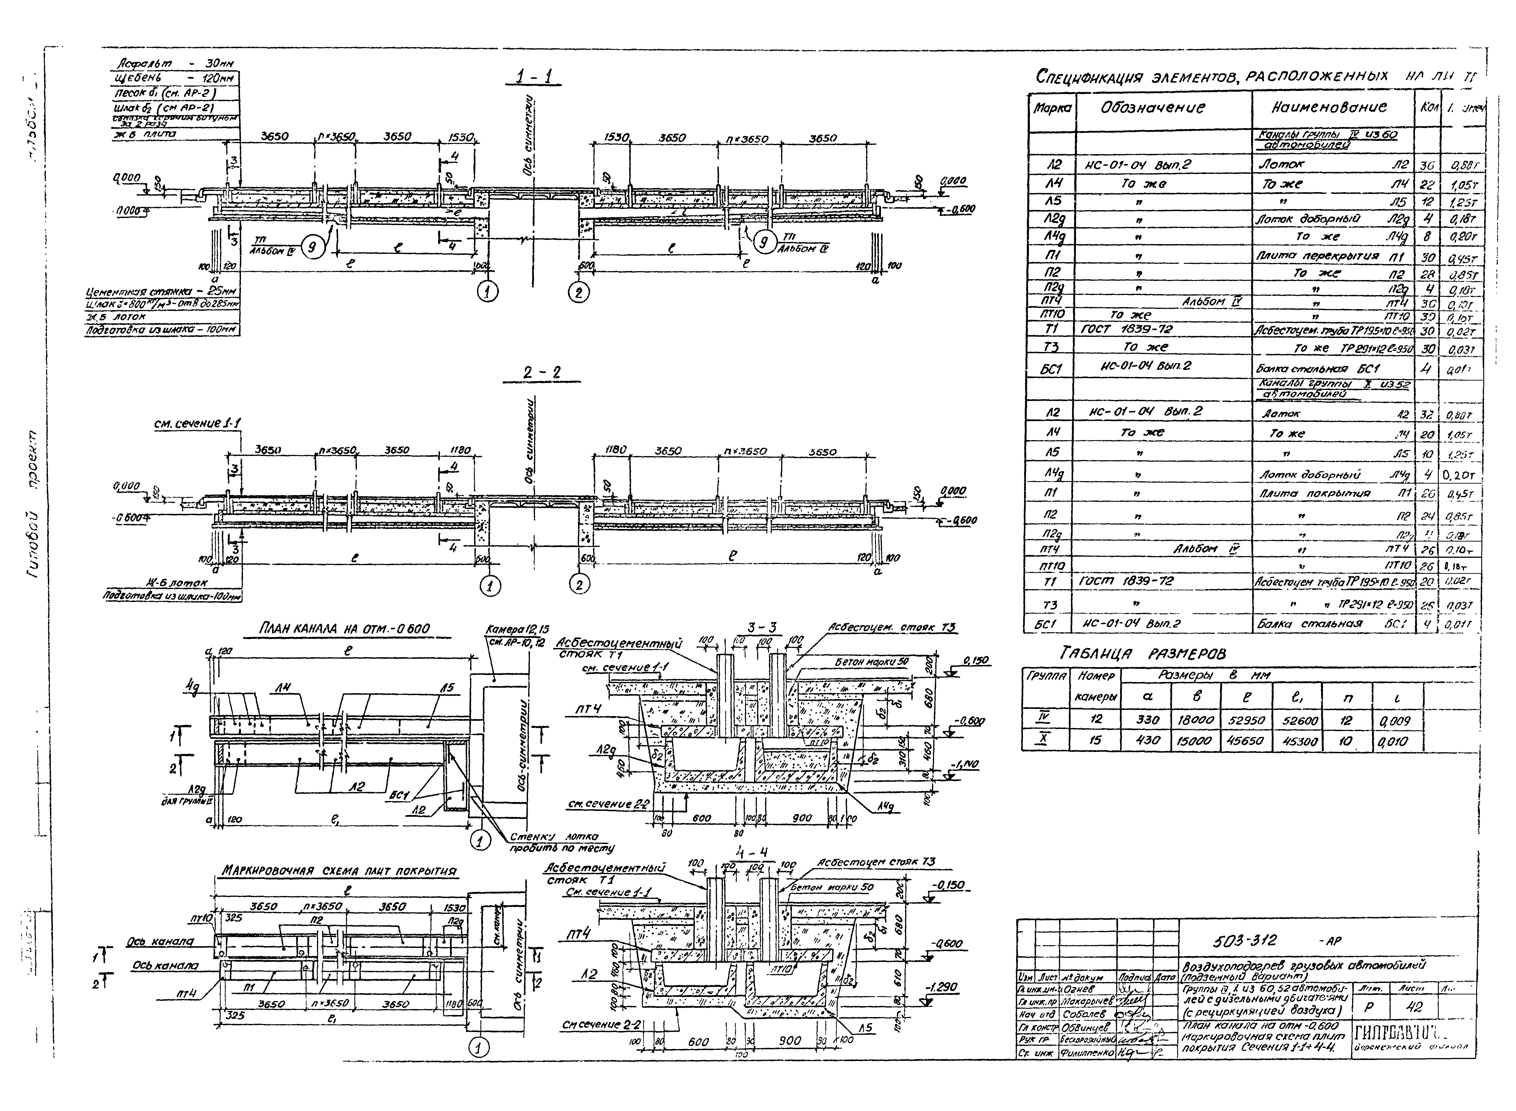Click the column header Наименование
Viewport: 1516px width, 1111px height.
(1328, 108)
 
